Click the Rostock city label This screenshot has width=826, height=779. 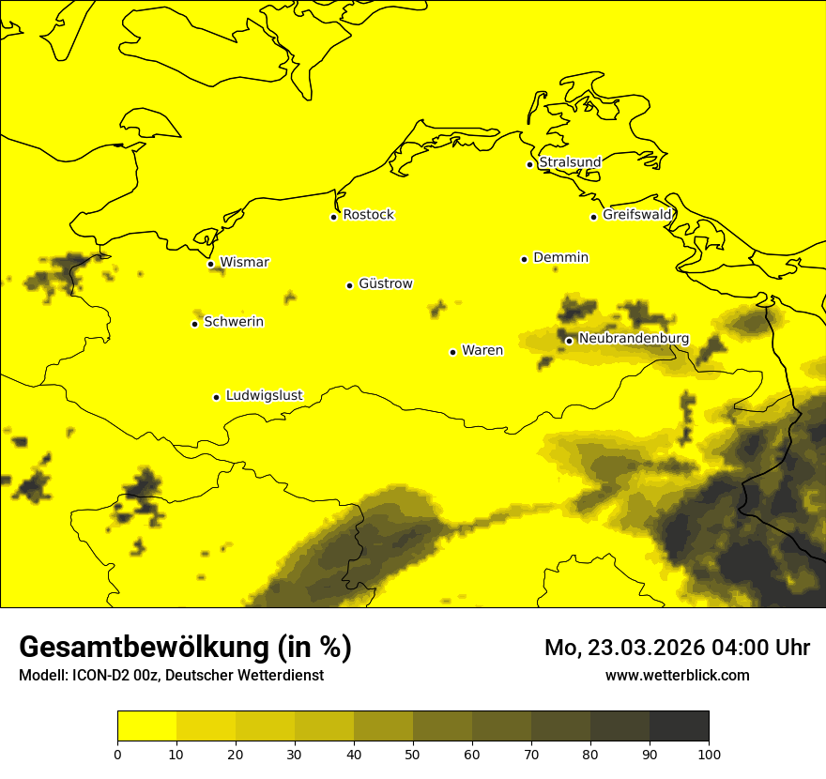coord(368,215)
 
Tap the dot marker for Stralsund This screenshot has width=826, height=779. coord(529,164)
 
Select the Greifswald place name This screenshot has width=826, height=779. coord(637,215)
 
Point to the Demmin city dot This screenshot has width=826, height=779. coord(524,259)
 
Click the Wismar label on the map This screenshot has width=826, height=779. coord(244,262)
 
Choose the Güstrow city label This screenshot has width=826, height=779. coord(385,283)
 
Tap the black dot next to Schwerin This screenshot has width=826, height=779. coord(194,324)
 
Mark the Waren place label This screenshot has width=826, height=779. coord(482,350)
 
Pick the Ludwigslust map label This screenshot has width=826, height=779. coord(264,395)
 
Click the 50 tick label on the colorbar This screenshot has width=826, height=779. coord(413,754)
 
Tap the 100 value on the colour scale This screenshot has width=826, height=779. coord(709,754)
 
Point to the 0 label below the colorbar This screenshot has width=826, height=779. coord(117,754)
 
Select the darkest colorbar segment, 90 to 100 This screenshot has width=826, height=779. coord(679,726)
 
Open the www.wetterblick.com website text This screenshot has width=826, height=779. coord(677,675)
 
